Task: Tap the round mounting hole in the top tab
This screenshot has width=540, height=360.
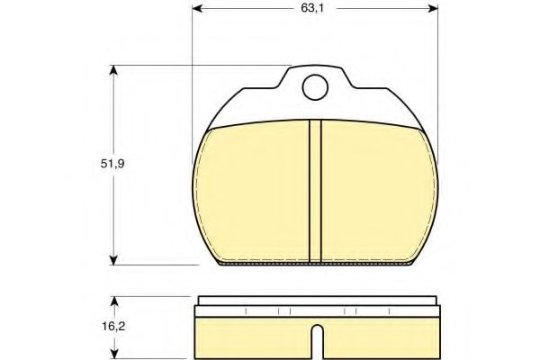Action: [314, 86]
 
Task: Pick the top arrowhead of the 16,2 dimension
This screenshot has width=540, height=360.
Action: [113, 300]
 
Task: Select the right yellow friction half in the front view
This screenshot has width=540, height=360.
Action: [376, 193]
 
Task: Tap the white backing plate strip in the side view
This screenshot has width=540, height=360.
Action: [314, 301]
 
